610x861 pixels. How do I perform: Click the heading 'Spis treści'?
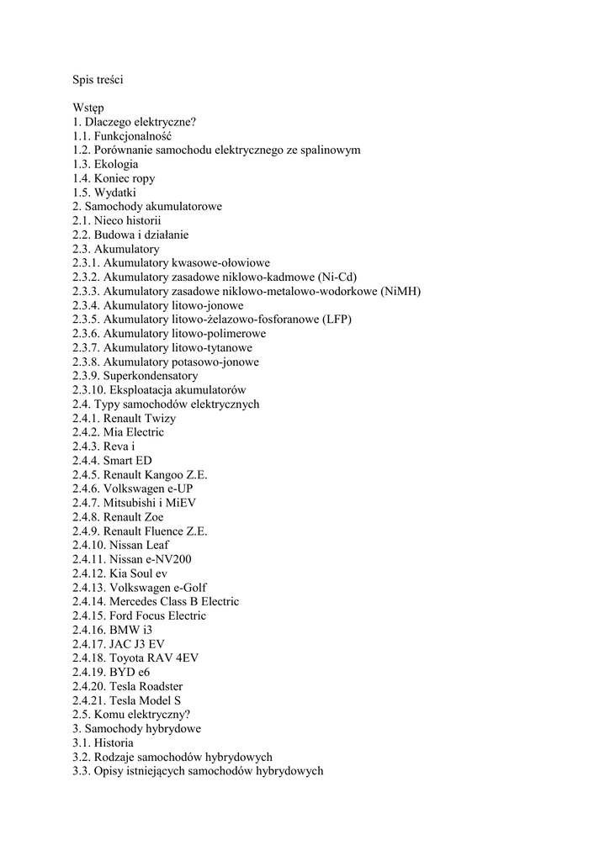point(99,80)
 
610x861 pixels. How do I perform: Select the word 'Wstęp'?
point(88,108)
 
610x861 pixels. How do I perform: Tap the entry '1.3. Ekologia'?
point(105,164)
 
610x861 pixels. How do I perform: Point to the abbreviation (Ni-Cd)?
point(337,277)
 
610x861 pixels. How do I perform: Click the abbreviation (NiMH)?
point(400,292)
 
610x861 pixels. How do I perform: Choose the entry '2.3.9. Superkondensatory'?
point(135,376)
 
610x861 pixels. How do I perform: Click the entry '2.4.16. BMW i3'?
point(113,630)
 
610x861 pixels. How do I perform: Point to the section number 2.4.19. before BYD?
point(89,672)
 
